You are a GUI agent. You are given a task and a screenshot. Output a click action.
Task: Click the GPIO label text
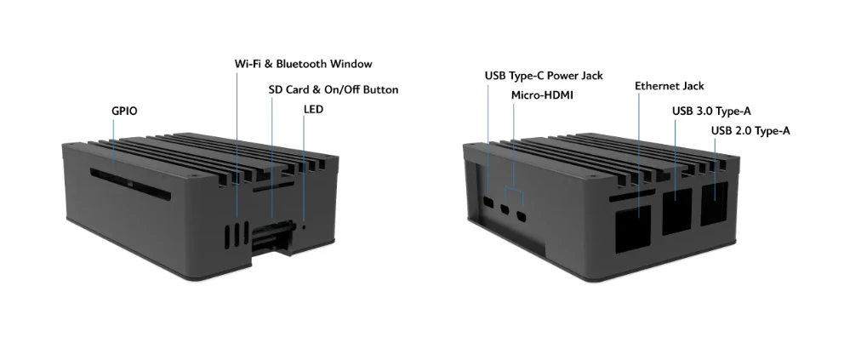pyautogui.click(x=124, y=111)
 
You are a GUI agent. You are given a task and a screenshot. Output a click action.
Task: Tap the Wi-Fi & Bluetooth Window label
pyautogui.click(x=303, y=64)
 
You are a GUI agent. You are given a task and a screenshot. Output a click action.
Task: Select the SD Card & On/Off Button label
pyautogui.click(x=333, y=89)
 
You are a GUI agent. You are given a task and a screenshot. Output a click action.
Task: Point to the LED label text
pyautogui.click(x=313, y=110)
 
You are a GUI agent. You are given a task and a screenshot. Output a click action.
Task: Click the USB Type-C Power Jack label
pyautogui.click(x=544, y=76)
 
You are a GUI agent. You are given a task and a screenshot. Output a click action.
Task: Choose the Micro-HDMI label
pyautogui.click(x=542, y=94)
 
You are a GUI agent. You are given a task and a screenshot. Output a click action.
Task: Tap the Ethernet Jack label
pyautogui.click(x=669, y=86)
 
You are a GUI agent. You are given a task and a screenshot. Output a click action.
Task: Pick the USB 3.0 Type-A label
pyautogui.click(x=710, y=111)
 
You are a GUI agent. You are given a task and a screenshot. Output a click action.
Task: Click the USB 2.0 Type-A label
pyautogui.click(x=750, y=130)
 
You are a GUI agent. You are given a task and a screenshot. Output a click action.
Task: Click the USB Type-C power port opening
pyautogui.click(x=488, y=204)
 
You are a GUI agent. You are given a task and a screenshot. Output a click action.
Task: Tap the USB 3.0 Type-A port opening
pyautogui.click(x=676, y=210)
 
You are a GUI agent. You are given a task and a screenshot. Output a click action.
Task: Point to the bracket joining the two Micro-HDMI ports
pyautogui.click(x=513, y=188)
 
